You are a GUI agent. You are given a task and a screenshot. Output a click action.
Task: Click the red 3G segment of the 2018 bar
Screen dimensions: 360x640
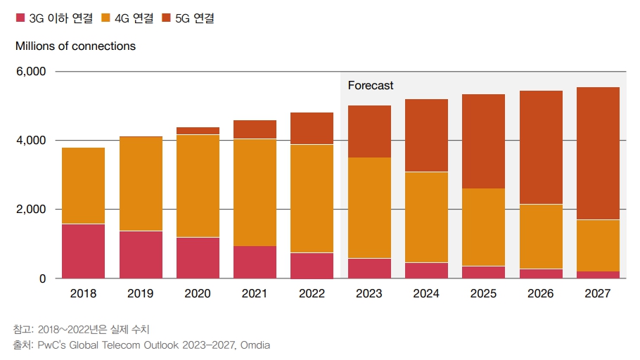tap(83, 251)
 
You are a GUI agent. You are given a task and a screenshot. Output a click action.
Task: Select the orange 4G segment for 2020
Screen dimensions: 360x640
tap(198, 186)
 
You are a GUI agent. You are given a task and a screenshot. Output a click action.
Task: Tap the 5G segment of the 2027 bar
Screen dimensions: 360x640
tap(598, 153)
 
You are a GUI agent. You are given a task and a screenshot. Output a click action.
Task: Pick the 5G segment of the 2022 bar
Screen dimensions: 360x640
tap(312, 128)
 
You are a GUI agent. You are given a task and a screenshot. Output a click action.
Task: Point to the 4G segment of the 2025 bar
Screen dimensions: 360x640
tap(483, 227)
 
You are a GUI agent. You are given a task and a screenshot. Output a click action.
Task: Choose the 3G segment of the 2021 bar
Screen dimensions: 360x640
tap(255, 262)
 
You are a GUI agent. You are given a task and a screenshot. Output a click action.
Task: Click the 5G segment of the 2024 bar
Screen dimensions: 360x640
tap(426, 135)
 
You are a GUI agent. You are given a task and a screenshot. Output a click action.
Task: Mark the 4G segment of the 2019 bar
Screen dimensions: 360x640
tap(141, 184)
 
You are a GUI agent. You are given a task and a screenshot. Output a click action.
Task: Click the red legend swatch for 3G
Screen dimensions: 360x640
tap(20, 18)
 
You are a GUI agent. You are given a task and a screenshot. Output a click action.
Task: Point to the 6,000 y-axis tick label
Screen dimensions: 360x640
tap(31, 72)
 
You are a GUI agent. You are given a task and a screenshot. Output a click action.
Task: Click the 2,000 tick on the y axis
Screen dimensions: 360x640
tap(31, 210)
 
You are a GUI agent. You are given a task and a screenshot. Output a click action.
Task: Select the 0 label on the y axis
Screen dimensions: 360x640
tap(41, 278)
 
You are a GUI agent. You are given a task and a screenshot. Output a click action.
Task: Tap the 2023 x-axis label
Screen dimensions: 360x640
tap(369, 294)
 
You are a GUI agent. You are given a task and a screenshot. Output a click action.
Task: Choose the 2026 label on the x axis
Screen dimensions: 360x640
tap(540, 294)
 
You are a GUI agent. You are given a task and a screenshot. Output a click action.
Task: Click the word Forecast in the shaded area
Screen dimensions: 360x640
tap(371, 85)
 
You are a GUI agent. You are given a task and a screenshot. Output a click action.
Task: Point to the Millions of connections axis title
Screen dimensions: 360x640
tap(75, 46)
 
